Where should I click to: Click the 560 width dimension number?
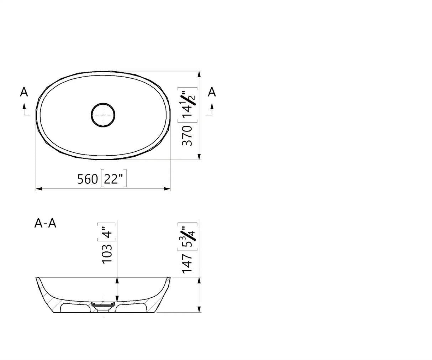tap(88, 179)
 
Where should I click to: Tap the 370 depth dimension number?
tap(188, 135)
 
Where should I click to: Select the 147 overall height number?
tap(188, 263)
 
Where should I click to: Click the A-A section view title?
tap(45, 223)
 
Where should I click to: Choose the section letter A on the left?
tap(24, 92)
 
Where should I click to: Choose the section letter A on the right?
tap(212, 92)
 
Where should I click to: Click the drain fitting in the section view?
tap(103, 306)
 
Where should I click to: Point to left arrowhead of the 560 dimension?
tap(39, 189)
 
